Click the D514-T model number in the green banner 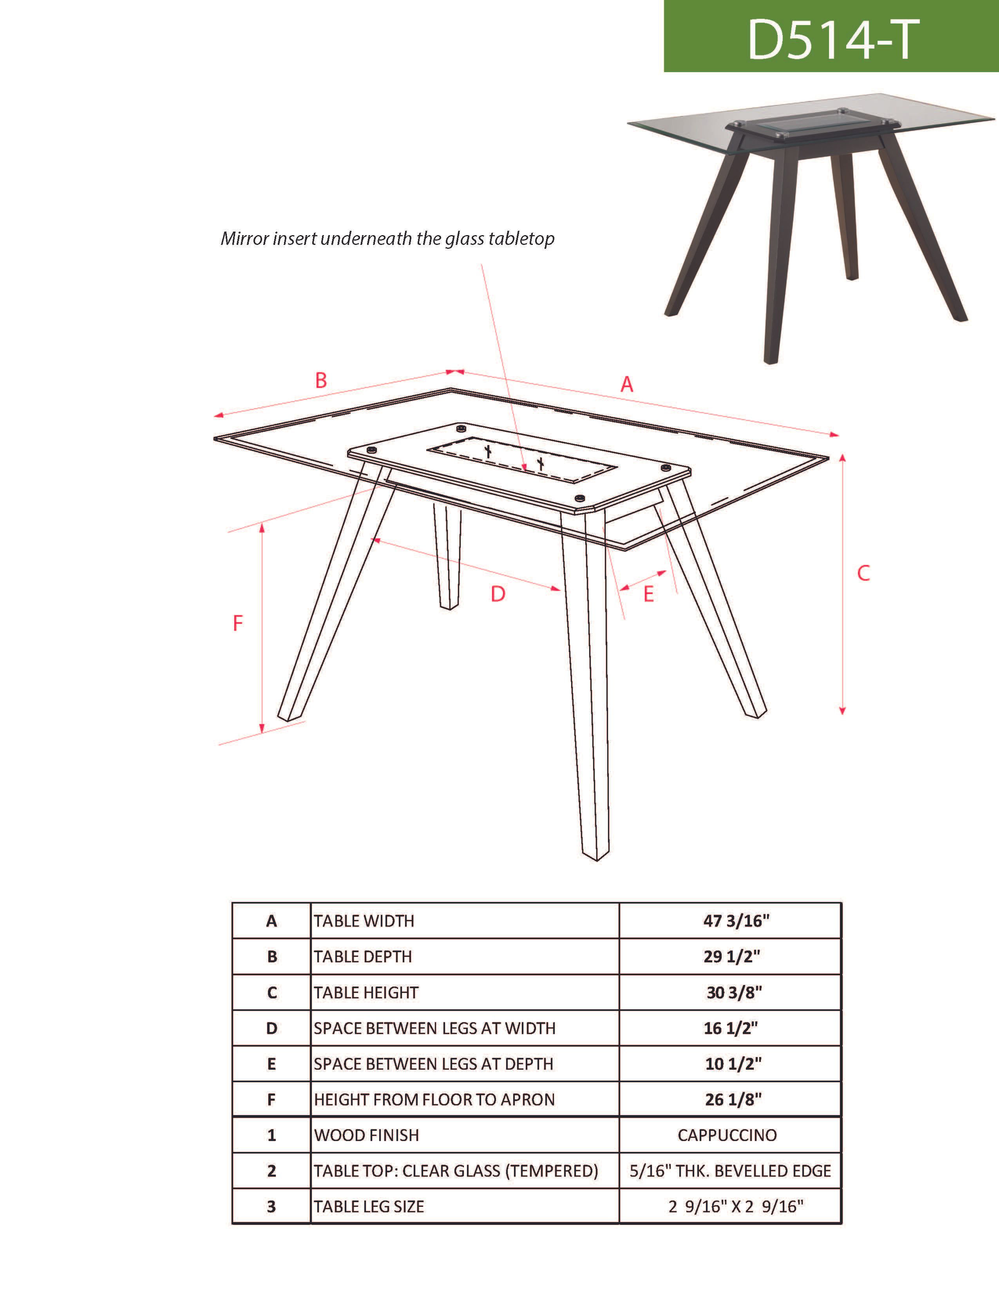(833, 40)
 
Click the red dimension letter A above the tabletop (627, 385)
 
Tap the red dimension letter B (321, 380)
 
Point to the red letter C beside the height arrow (863, 573)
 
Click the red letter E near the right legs (649, 594)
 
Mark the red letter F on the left (238, 623)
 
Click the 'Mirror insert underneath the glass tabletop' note (387, 239)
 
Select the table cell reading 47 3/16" (736, 921)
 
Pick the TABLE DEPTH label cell (363, 957)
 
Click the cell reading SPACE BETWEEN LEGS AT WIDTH (434, 1029)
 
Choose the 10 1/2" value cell (733, 1064)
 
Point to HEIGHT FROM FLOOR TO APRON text (434, 1099)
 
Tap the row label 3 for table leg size (271, 1206)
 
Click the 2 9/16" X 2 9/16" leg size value (736, 1206)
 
